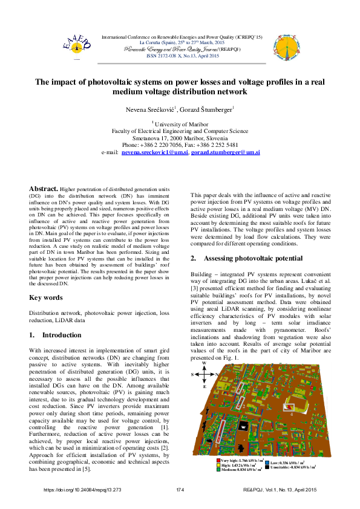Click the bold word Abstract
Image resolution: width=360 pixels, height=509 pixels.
click(44, 189)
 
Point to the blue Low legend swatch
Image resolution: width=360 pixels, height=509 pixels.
click(267, 462)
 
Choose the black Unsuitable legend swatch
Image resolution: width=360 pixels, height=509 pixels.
click(267, 467)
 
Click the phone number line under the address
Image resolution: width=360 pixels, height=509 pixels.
click(180, 145)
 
